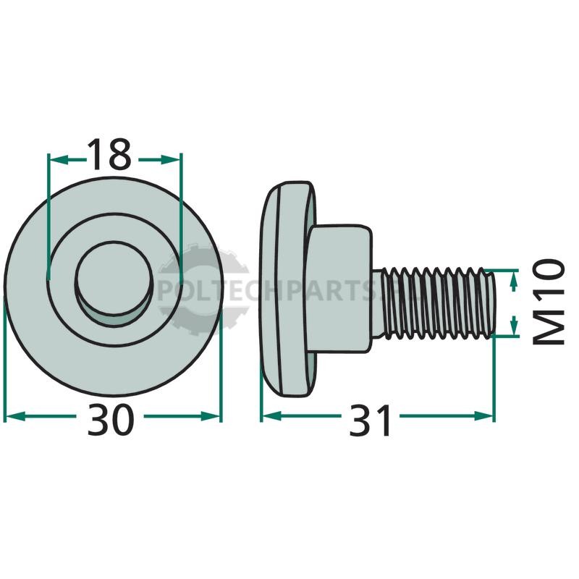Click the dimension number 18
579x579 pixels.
point(110,155)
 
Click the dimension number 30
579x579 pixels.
point(110,420)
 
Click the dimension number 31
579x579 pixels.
point(370,420)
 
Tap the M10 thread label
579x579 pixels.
point(549,302)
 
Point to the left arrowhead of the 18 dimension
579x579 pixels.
point(59,159)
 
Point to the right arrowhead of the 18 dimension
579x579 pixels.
point(172,159)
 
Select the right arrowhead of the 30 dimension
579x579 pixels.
point(211,417)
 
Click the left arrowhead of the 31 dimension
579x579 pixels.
point(271,416)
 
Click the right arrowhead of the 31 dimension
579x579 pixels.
point(483,416)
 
